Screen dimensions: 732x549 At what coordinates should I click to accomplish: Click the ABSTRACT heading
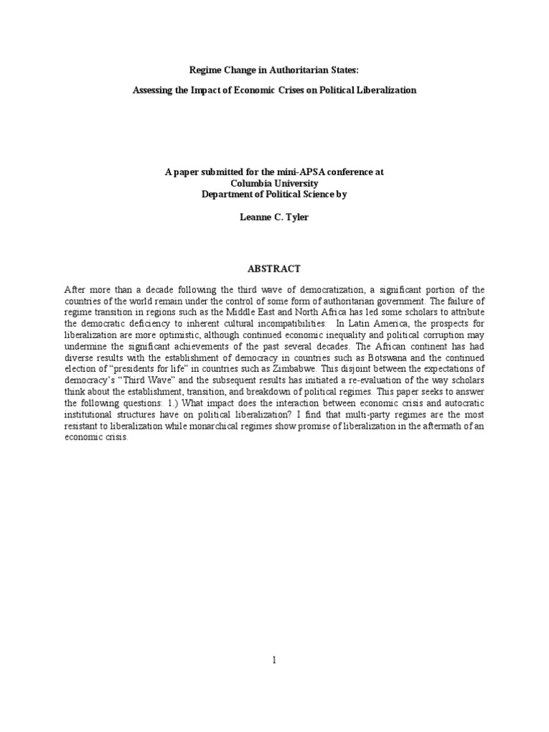(274, 269)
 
